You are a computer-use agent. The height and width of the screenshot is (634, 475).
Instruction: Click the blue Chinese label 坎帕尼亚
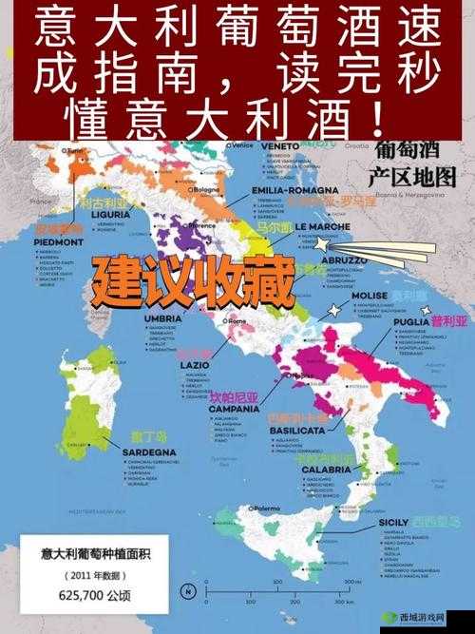click(234, 396)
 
